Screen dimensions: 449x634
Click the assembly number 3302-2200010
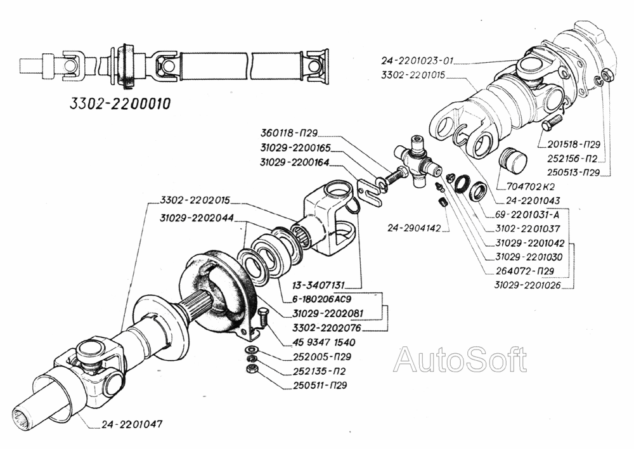point(119,104)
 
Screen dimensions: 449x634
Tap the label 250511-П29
point(320,384)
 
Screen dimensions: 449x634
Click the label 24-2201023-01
point(417,62)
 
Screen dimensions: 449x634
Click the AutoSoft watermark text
point(460,361)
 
